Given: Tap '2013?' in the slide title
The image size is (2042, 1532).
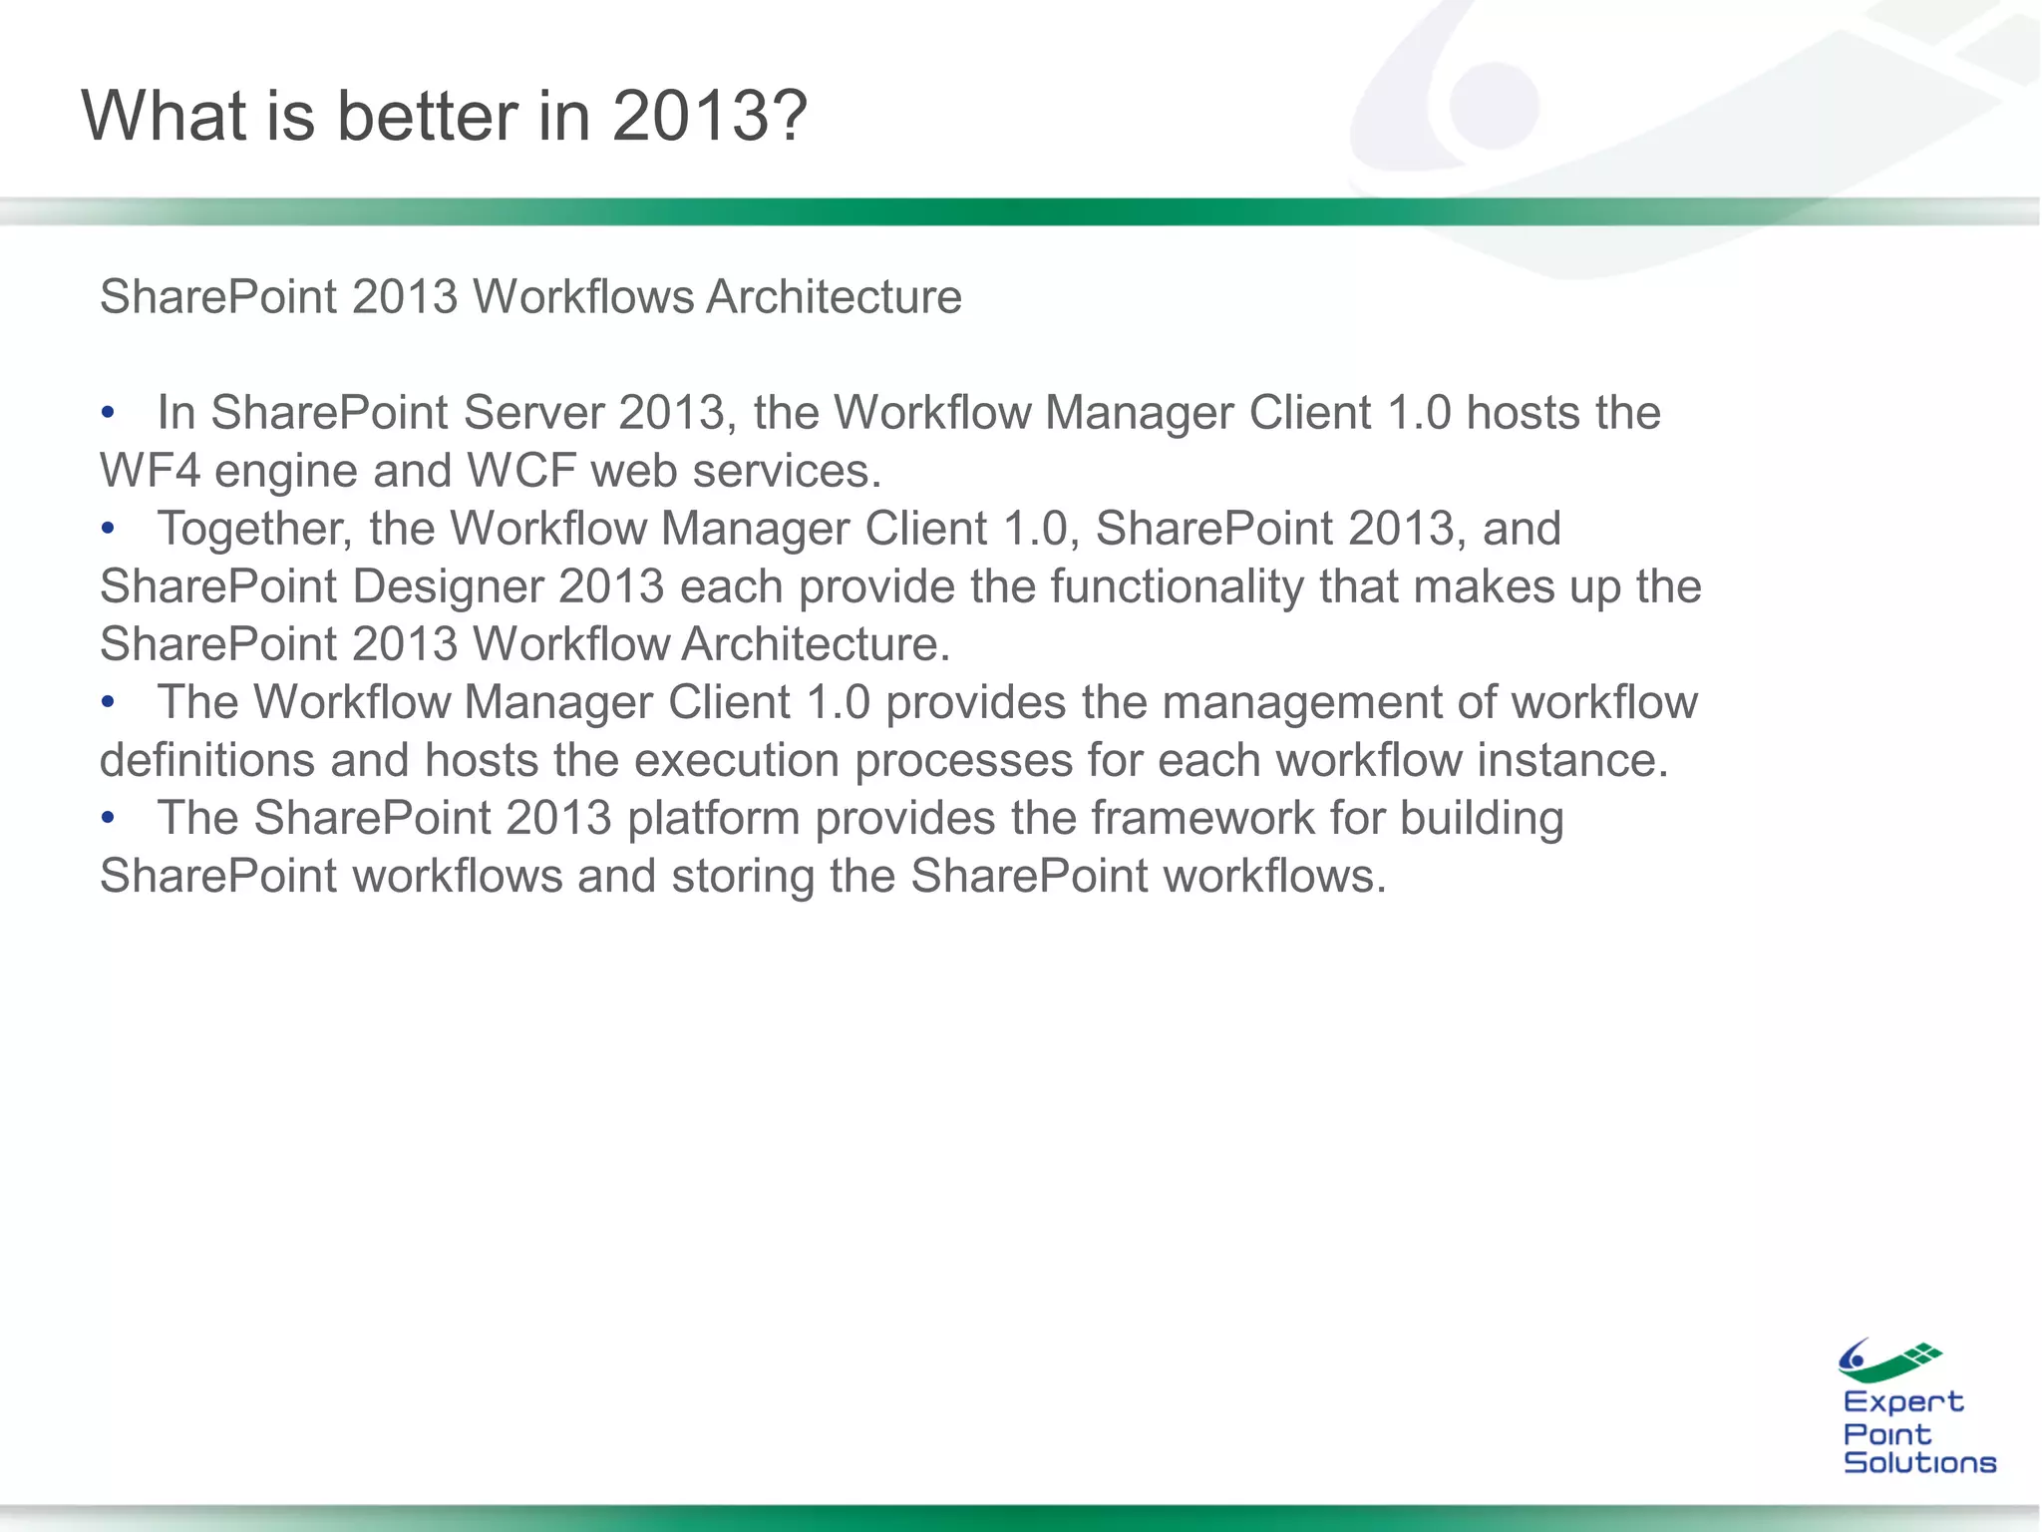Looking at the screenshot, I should tap(709, 117).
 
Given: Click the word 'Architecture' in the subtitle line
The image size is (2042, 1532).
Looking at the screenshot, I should tap(834, 297).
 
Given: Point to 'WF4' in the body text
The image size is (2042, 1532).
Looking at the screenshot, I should tap(150, 471).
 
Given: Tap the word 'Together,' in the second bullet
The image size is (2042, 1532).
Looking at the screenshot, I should tap(255, 529).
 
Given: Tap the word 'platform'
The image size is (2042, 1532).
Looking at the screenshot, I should tap(713, 818).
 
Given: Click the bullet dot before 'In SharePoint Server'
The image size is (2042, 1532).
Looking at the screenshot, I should tap(109, 413).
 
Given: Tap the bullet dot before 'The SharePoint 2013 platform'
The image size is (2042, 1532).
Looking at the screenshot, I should tap(109, 818).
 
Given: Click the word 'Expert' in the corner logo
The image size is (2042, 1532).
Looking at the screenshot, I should tap(1902, 1402).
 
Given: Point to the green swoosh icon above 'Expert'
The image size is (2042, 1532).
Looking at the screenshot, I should tap(1888, 1361).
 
